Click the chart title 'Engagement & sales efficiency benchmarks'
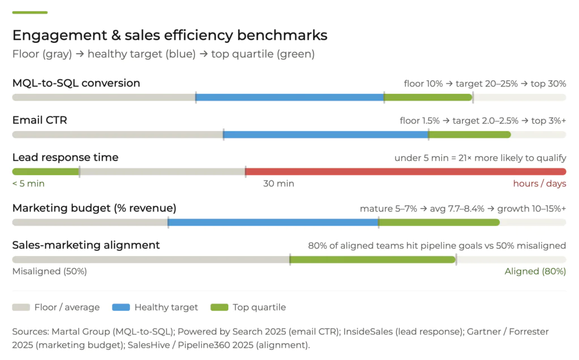[x=170, y=35]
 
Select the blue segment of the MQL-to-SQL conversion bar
[x=289, y=97]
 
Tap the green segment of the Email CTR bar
[x=469, y=135]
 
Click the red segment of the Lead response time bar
[x=405, y=172]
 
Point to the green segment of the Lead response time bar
[x=45, y=172]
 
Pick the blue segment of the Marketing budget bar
[x=273, y=222]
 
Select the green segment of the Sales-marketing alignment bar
[x=373, y=259]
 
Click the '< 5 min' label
[x=28, y=184]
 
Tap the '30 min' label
[x=278, y=184]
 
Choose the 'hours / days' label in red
[x=539, y=184]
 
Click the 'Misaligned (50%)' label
[x=50, y=271]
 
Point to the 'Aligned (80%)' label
[x=535, y=271]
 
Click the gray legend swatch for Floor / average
[x=21, y=307]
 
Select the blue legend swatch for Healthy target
[x=122, y=307]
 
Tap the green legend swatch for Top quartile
[x=219, y=307]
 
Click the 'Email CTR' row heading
[x=40, y=120]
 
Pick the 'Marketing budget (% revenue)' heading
[x=94, y=208]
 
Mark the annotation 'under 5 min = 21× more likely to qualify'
[x=480, y=158]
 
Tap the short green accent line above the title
[x=30, y=12]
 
